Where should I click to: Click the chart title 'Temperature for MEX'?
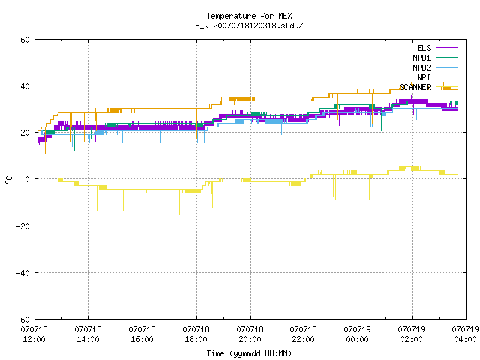tap(249, 16)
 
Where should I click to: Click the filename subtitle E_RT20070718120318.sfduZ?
tap(249, 25)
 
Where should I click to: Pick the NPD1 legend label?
tap(421, 58)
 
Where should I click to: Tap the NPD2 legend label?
tap(421, 67)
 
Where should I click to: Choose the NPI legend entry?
tap(424, 77)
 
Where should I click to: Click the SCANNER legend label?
tap(415, 87)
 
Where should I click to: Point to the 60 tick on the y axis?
tap(25, 40)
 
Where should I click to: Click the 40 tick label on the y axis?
tap(25, 86)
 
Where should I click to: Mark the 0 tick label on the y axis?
tap(28, 179)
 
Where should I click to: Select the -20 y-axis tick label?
tap(23, 226)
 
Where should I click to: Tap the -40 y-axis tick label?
tap(23, 273)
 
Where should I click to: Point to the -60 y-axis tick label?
tap(23, 319)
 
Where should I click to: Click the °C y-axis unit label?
tap(8, 180)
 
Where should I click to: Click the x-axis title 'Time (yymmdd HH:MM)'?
tap(249, 353)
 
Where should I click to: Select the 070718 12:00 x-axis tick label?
tap(34, 334)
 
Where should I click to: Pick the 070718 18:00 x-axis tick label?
tap(196, 334)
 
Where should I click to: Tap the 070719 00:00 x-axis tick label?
tap(358, 334)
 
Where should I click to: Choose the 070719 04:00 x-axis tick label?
tap(465, 334)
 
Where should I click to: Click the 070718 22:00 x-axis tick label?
tap(304, 334)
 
